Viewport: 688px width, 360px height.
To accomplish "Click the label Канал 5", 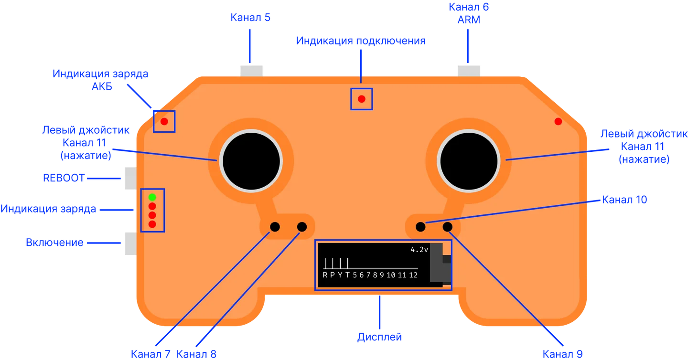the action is [x=250, y=18].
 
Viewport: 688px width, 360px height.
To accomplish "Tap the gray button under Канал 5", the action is [x=251, y=71].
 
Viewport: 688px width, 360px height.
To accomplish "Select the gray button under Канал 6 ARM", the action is [x=469, y=71].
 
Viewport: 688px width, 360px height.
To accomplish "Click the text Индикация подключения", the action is [x=361, y=41].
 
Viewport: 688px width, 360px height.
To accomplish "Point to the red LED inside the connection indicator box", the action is [x=362, y=99].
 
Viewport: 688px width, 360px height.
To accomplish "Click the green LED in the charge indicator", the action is [x=152, y=197].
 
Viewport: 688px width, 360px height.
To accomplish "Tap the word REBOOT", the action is [x=64, y=178].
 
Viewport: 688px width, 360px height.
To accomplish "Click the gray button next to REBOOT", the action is [x=131, y=178].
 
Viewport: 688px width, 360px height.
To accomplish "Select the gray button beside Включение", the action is [x=131, y=244].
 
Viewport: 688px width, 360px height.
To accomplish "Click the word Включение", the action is [x=54, y=243].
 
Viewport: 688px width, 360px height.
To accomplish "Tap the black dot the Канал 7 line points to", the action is [x=275, y=227].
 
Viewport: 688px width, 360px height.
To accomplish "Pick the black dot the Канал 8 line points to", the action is [x=302, y=227].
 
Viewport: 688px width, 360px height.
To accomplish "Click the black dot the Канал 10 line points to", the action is [x=420, y=227].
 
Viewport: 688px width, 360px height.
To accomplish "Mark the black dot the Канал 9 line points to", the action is [x=448, y=227].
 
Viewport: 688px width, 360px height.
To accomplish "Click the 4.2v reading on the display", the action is [x=419, y=250].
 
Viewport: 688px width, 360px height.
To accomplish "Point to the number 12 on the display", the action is [x=413, y=275].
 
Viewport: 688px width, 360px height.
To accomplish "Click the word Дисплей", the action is [x=380, y=337].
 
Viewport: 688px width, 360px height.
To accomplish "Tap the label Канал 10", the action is [x=624, y=200].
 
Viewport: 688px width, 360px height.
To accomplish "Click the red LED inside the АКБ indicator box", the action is [x=164, y=122].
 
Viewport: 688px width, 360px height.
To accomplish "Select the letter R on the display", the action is [x=325, y=275].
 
